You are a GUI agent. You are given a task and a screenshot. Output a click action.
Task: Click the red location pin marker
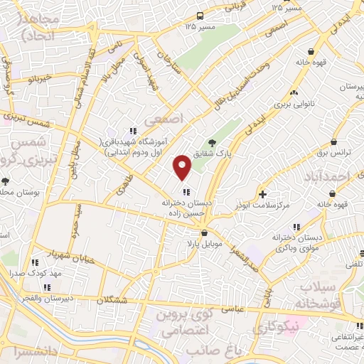[183, 167]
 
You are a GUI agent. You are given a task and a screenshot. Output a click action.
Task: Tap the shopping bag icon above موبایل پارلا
[204, 232]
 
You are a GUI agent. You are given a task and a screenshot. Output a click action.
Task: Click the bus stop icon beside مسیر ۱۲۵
[202, 15]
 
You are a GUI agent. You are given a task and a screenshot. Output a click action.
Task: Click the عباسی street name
[235, 307]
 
